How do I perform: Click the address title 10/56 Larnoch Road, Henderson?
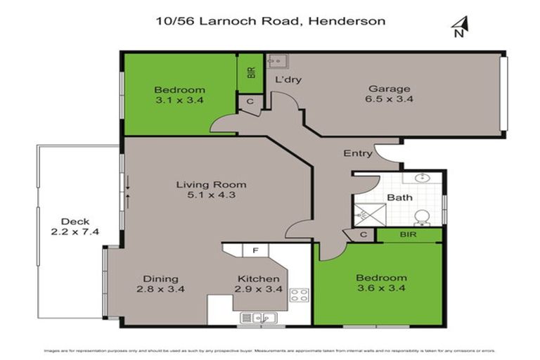point(270,21)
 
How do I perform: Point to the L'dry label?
point(288,79)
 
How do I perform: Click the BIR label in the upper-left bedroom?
point(250,72)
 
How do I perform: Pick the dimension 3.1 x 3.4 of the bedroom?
point(179,101)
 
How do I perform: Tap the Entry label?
point(357,153)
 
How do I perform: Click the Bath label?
point(399,197)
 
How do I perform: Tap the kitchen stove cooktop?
point(300,295)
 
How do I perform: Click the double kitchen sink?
point(257,318)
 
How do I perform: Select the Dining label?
point(160,278)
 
